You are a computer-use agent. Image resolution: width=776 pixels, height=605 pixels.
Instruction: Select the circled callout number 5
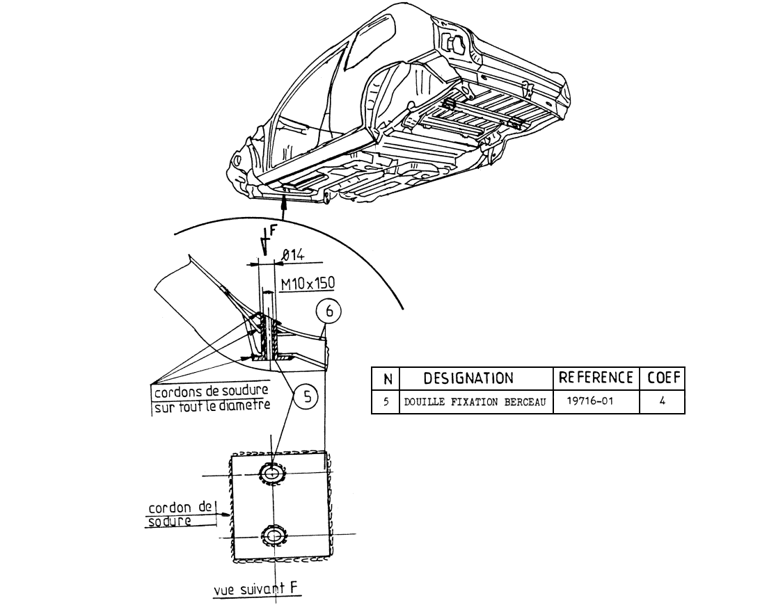[x=307, y=397]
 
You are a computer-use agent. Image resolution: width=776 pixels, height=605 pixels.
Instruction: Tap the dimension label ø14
[x=293, y=255]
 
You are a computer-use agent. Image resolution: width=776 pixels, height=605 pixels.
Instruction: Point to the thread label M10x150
[x=308, y=284]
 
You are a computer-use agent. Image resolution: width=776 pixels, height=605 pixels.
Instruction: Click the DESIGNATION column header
[x=468, y=378]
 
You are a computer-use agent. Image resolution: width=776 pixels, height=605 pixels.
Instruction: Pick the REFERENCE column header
[x=596, y=378]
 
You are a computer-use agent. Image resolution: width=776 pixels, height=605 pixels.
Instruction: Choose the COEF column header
[x=664, y=378]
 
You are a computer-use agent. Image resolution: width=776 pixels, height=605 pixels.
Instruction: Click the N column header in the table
[x=388, y=380]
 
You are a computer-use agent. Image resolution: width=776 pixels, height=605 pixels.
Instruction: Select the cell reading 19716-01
[x=590, y=401]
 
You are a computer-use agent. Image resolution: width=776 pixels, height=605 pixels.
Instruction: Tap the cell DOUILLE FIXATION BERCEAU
[x=475, y=402]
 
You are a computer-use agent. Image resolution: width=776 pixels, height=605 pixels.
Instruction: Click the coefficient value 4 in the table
[x=662, y=401]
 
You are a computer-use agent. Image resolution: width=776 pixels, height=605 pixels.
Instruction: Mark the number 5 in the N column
[x=386, y=401]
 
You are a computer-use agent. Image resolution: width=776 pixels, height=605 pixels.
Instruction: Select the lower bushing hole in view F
[x=272, y=535]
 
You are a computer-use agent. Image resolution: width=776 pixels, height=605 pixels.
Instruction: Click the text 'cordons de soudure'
[x=212, y=392]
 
